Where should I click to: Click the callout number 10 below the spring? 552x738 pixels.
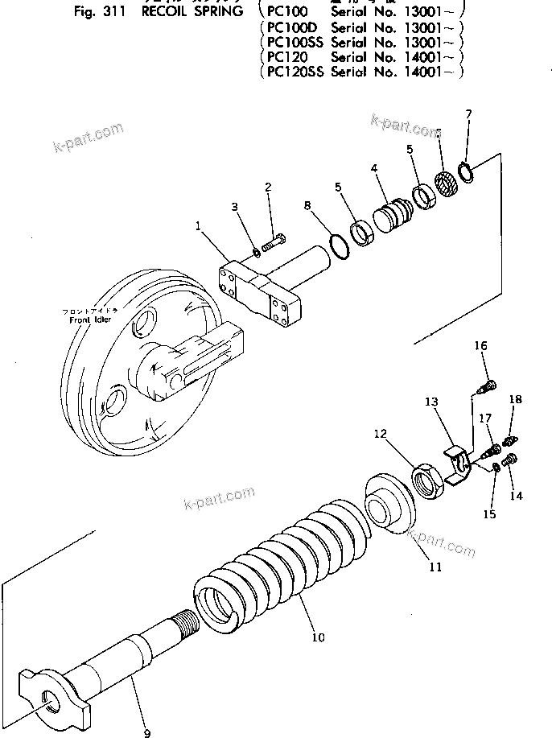[319, 637]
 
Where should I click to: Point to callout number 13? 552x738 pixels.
[431, 402]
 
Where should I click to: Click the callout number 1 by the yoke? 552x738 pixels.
[197, 227]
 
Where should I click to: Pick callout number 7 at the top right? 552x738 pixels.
[468, 115]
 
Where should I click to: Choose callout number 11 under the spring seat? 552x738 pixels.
[435, 567]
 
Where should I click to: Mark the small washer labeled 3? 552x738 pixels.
[254, 252]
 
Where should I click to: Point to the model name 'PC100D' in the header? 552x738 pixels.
[292, 27]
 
